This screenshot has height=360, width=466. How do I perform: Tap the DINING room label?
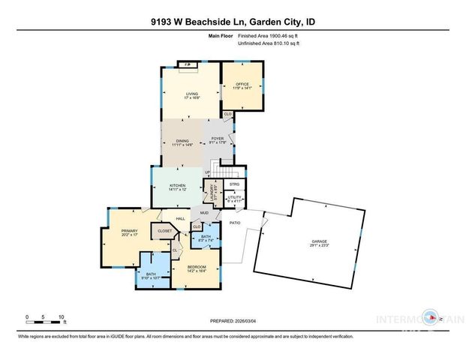coord(182,142)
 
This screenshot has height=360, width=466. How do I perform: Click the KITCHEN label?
coord(177,187)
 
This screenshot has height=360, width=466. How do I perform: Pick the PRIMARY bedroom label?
coord(119,232)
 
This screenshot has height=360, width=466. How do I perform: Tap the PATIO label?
coord(235,223)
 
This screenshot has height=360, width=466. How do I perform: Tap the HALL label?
coord(181,218)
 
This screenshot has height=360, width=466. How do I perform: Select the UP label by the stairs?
coord(207,173)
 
